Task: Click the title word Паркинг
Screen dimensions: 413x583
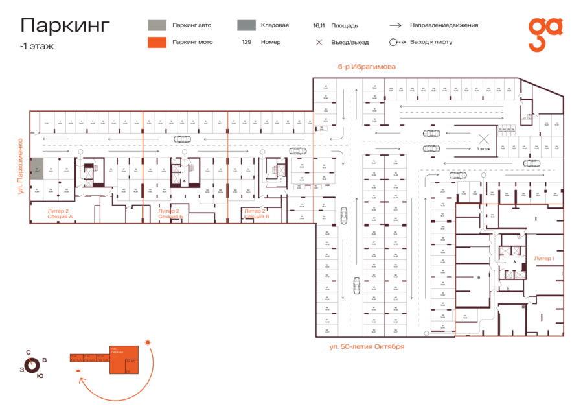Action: (x=65, y=25)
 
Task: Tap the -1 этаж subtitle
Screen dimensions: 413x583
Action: (x=37, y=46)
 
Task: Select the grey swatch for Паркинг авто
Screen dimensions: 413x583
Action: (x=156, y=25)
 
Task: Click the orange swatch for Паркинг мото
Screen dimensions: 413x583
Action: (x=156, y=43)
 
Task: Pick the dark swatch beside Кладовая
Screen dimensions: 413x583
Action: (x=246, y=25)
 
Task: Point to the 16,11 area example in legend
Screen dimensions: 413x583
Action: (x=318, y=26)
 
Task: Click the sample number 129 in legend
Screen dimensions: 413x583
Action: (x=247, y=42)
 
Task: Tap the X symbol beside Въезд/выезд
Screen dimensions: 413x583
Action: (x=319, y=43)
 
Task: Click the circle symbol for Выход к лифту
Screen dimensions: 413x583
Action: (x=393, y=42)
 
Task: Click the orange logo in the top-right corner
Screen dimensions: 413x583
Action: (x=545, y=34)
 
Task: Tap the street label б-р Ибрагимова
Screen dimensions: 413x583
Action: (x=366, y=67)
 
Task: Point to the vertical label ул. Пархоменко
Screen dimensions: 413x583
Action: (x=21, y=166)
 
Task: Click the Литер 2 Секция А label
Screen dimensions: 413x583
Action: (x=60, y=214)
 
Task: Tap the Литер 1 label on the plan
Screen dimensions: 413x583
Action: (x=544, y=258)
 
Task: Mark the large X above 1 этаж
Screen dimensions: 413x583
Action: (x=483, y=138)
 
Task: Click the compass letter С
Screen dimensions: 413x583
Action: (x=28, y=353)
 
